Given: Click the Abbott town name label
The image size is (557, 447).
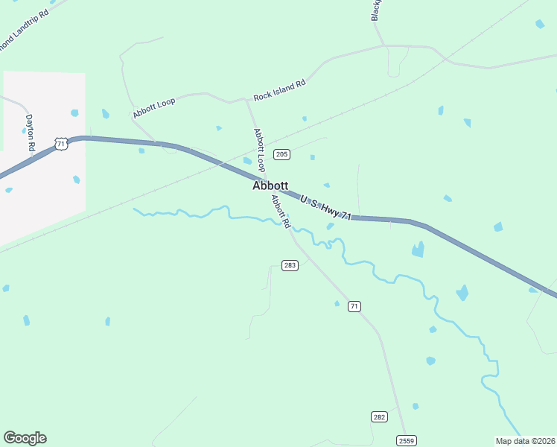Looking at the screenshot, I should coord(270,186).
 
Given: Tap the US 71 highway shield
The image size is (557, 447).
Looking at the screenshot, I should coord(61,143).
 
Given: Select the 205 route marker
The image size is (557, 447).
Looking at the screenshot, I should coord(281,154).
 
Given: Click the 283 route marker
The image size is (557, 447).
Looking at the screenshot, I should coord(290,265).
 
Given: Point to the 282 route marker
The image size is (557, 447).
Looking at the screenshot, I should coord(379,416).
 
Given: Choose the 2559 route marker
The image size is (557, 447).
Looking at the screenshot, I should coord(406,440).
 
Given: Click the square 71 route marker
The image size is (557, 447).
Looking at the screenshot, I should coord(354,306).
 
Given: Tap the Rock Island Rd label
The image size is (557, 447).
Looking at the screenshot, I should coord(279,91).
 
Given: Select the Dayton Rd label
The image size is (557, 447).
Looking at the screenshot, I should coord(31,133).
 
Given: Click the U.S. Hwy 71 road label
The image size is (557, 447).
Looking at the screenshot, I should coord(325,206).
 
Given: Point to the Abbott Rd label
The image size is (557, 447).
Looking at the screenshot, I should coord(281,211).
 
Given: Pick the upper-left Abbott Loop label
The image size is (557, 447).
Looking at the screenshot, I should coord(154,108).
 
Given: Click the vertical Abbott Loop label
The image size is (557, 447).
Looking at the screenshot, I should coord(259,150).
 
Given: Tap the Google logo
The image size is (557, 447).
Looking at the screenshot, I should coord(25,438).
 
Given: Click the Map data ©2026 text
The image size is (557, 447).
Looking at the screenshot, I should coord(526,441).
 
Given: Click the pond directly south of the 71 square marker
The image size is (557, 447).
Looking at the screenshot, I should coord(337,303).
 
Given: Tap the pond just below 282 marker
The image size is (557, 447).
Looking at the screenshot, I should coord(416,406).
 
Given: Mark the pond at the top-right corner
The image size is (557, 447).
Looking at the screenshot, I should coord(539,24).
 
